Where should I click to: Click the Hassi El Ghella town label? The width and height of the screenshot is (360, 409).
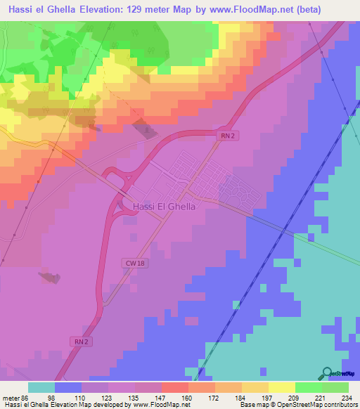pyautogui.click(x=163, y=207)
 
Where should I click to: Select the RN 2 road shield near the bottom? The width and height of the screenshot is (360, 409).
pyautogui.click(x=82, y=342)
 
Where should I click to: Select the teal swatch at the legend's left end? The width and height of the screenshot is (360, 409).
pyautogui.click(x=41, y=387)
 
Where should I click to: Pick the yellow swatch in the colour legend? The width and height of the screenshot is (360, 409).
pyautogui.click(x=281, y=387)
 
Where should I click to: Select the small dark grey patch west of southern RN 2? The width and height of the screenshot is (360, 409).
pyautogui.click(x=49, y=278)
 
